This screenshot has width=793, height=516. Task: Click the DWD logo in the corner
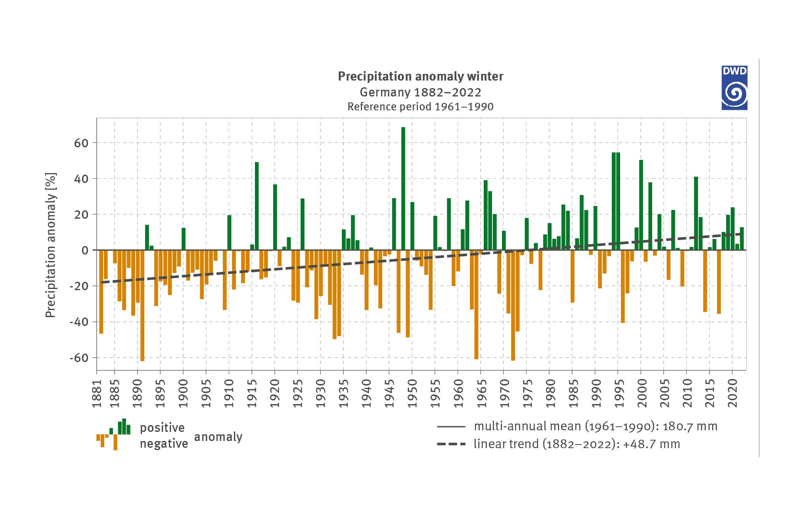734,88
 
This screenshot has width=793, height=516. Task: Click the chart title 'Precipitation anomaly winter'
420,76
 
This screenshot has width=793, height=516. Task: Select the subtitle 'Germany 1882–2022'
420,92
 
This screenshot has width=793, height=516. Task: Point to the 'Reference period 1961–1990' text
420,107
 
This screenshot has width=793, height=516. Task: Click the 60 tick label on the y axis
81,143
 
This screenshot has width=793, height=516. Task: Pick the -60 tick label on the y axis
79,358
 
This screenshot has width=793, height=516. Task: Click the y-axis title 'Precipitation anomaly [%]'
51,245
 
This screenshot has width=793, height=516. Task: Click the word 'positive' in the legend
162,428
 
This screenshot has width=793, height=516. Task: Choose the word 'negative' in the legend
164,444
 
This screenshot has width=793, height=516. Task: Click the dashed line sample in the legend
451,444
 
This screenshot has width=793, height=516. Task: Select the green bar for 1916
257,206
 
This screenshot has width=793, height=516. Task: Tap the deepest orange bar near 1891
142,306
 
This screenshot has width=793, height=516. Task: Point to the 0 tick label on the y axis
85,250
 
